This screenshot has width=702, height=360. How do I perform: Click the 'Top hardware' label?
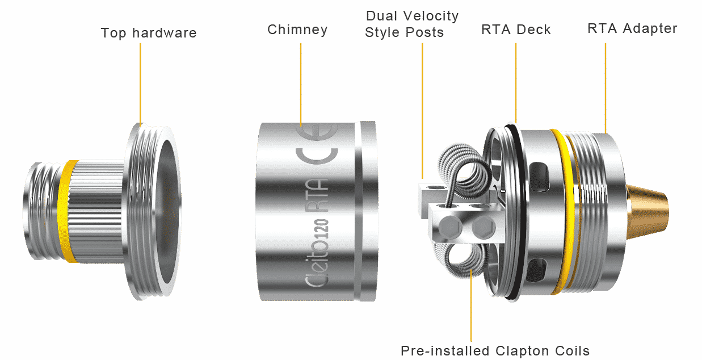coord(149,33)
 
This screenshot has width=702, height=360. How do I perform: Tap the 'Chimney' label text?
coord(297,30)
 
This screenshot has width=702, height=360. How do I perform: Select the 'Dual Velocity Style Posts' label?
coord(412,24)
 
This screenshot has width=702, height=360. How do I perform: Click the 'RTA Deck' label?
coord(516,30)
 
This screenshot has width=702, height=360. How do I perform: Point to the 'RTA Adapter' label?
coord(632,28)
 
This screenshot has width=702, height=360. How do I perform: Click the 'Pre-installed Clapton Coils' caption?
coord(495,350)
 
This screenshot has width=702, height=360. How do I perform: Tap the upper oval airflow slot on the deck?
coord(540,170)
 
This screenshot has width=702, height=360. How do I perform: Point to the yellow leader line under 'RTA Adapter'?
coord(606,85)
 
